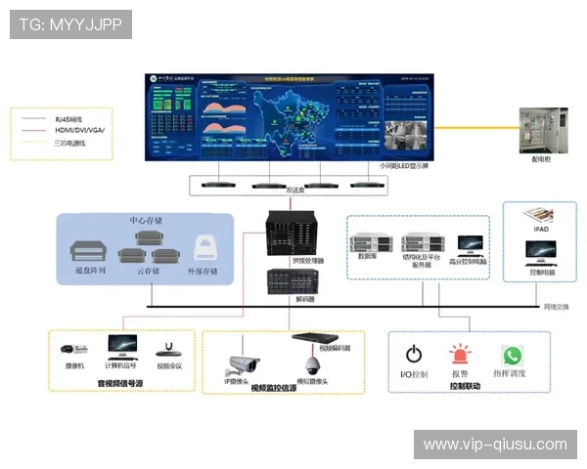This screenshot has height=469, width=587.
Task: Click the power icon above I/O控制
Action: (414, 355)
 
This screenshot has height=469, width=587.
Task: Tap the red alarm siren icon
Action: (459, 355)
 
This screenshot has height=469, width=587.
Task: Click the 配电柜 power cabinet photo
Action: (541, 129)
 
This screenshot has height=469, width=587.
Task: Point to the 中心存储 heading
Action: (146, 221)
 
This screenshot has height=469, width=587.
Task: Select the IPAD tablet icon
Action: (540, 215)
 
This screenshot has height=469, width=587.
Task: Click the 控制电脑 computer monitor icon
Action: (540, 252)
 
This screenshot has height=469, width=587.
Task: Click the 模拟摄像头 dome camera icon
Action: (312, 365)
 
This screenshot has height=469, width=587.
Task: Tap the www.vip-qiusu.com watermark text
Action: (494, 445)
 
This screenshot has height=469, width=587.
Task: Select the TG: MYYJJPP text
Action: (70, 23)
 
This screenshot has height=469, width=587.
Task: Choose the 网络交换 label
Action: (556, 306)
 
